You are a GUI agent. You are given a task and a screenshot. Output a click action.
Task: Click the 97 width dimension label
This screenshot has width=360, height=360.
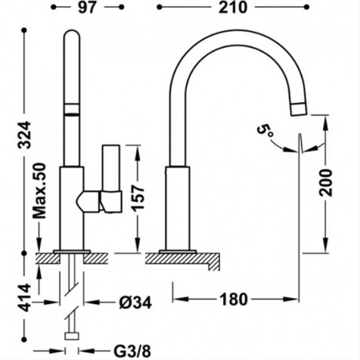point(87,7)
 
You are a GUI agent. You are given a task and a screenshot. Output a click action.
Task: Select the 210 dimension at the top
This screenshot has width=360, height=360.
point(233,7)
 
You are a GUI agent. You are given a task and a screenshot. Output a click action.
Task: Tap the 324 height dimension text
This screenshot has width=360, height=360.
point(24,135)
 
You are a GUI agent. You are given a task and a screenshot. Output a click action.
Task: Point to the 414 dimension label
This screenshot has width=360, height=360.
point(25,298)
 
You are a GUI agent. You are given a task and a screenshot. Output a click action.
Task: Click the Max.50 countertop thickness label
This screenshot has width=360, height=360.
point(39,191)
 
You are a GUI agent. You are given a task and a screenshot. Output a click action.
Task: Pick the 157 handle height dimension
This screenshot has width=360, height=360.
point(138,198)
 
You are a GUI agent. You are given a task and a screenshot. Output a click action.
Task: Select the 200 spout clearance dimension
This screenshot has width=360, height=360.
point(325,182)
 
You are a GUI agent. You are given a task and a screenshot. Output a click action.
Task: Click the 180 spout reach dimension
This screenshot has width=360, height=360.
point(233,299)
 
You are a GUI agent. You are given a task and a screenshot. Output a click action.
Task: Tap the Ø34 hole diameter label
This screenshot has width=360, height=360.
point(135,303)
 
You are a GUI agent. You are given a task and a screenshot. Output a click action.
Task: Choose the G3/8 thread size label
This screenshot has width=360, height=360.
point(132,351)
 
